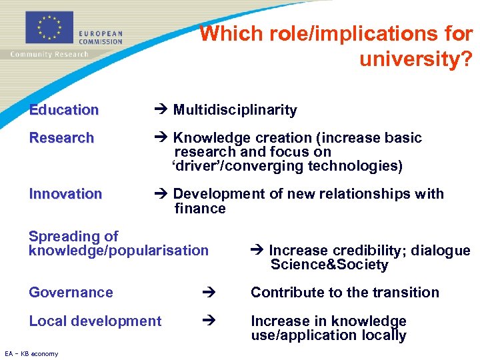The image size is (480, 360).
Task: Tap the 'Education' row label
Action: click(64, 110)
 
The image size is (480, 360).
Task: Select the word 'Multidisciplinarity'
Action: click(235, 110)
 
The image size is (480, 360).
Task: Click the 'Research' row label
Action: click(61, 138)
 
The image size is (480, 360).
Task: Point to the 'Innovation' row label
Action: click(65, 194)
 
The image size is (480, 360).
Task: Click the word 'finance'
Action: click(200, 209)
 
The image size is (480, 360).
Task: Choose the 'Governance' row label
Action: click(71, 293)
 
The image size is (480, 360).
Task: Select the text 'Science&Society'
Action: click(329, 265)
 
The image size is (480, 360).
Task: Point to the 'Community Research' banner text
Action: click(49, 55)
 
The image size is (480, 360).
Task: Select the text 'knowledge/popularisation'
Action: click(119, 251)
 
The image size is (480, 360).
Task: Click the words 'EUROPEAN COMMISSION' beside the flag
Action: click(101, 37)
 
